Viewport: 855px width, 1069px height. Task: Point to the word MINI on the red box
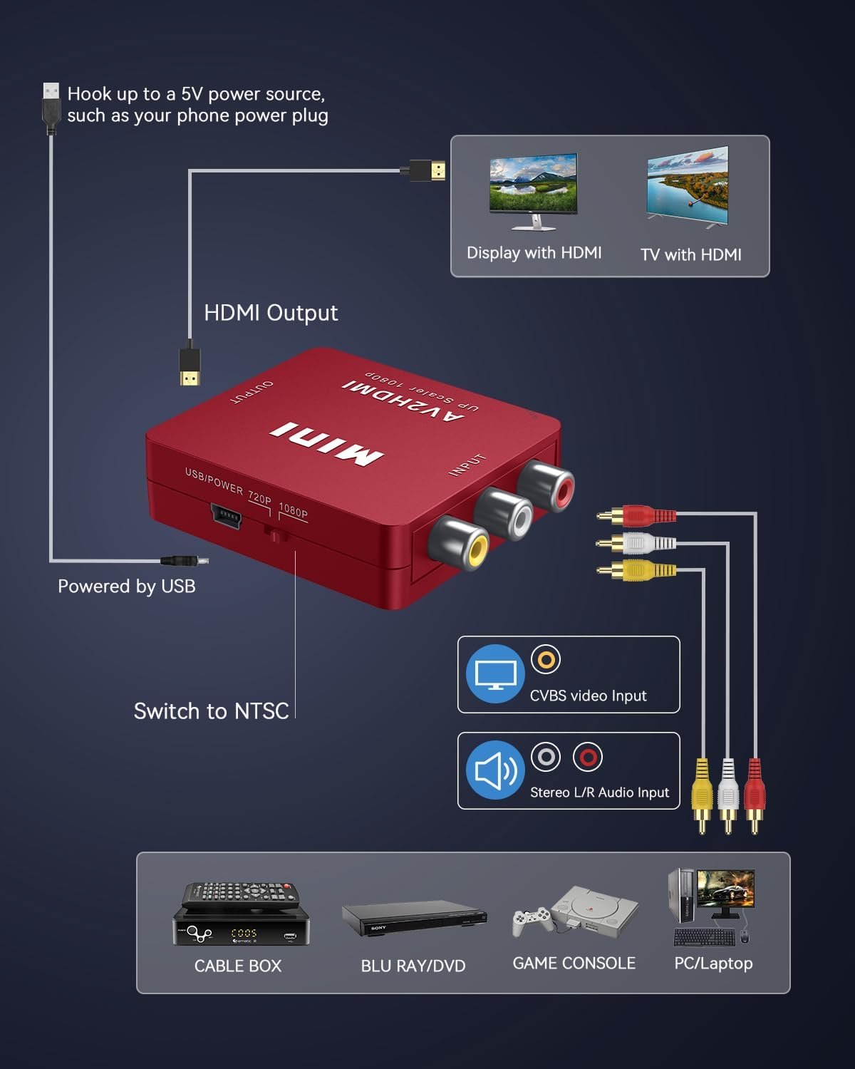pos(326,443)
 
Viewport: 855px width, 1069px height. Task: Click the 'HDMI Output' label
pos(271,313)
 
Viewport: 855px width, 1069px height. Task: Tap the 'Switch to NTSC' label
pos(211,711)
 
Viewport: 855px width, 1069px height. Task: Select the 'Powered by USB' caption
pos(126,586)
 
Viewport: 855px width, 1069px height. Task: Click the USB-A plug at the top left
pos(51,107)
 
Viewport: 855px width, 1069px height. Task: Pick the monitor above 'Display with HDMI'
pos(533,190)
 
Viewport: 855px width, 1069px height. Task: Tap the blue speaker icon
pos(495,770)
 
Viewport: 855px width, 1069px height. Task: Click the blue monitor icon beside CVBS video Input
pos(495,673)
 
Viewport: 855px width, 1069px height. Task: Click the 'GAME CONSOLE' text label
pos(574,963)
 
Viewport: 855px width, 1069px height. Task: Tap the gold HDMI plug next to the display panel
pos(429,171)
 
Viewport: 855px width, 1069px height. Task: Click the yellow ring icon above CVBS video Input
pos(546,660)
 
